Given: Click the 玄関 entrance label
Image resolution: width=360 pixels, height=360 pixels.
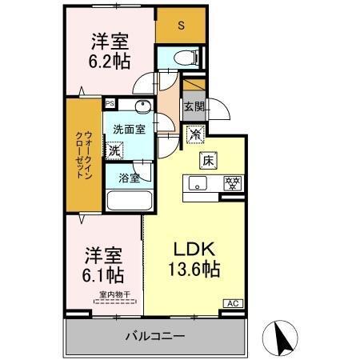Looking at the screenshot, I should pos(194,106).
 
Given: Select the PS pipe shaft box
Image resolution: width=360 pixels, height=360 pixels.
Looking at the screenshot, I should pos(110,102).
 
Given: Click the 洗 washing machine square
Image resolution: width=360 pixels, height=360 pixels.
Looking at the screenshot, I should pos(115,150).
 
